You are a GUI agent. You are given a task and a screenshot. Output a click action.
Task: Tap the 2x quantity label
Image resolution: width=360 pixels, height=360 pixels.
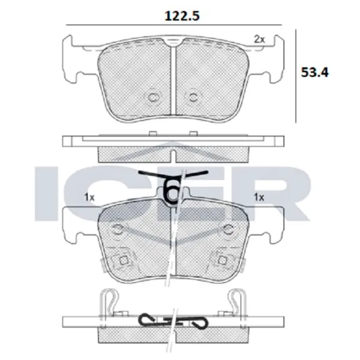(259, 40)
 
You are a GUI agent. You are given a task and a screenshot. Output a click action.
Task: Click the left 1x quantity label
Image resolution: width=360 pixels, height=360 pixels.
(90, 197)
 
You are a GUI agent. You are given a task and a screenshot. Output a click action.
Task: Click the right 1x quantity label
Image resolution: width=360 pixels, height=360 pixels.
(259, 197)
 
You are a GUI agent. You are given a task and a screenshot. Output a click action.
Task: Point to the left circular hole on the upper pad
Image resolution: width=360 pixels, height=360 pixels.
(152, 97)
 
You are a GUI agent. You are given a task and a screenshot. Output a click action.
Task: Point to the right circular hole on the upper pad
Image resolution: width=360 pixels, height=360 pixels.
(193, 97)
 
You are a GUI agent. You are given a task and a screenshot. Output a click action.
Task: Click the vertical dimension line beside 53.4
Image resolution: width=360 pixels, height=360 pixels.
(297, 75)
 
